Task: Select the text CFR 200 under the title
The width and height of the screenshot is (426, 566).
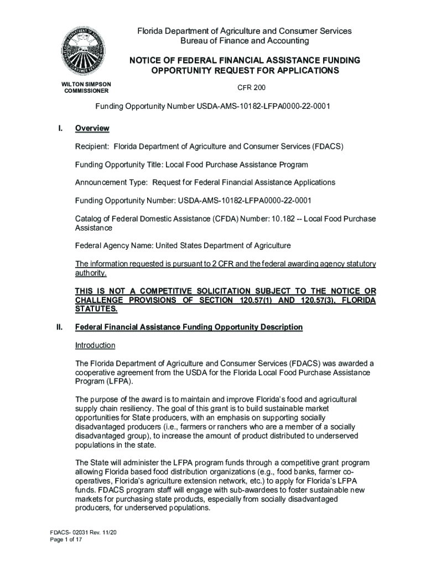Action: tap(252, 88)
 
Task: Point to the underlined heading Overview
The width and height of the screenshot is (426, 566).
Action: tap(92, 128)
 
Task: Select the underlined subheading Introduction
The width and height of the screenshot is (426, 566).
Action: tap(95, 345)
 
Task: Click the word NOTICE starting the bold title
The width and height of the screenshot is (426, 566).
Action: tap(145, 60)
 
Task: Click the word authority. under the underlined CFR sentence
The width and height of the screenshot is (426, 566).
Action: tap(91, 272)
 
